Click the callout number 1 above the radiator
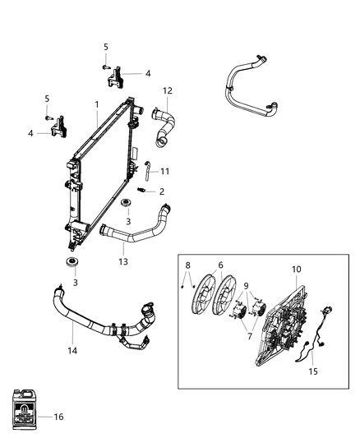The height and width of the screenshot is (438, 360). point(96,104)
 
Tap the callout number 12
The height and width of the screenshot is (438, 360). point(168,90)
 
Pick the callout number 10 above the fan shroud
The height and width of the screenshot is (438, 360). point(297,269)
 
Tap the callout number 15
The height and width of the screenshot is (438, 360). point(312,371)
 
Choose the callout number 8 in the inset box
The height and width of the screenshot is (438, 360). point(187,265)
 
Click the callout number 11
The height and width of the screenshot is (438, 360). point(165,171)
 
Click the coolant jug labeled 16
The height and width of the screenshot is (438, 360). point(25,408)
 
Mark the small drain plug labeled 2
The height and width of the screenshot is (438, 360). point(143,191)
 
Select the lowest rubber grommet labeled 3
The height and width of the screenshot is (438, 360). point(72,263)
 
